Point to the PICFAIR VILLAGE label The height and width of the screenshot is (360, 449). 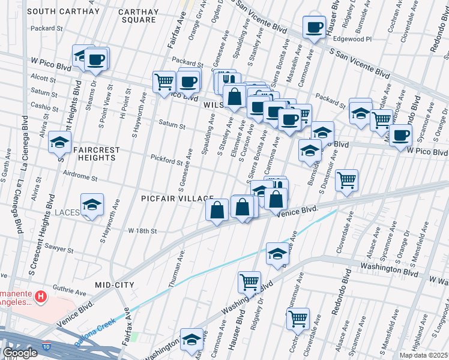coord(178,198)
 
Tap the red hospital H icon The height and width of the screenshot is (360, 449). coord(40,296)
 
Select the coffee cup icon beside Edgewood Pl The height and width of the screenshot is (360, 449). coord(315,27)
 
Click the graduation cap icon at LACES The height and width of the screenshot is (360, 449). coord(92,205)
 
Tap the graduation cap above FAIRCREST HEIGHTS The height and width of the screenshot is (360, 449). coord(60,142)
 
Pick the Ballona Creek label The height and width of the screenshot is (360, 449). coord(94,337)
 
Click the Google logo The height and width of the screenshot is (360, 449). coord(20,353)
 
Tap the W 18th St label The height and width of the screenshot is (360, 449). coord(142,230)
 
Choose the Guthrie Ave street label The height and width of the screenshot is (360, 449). coord(71,288)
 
